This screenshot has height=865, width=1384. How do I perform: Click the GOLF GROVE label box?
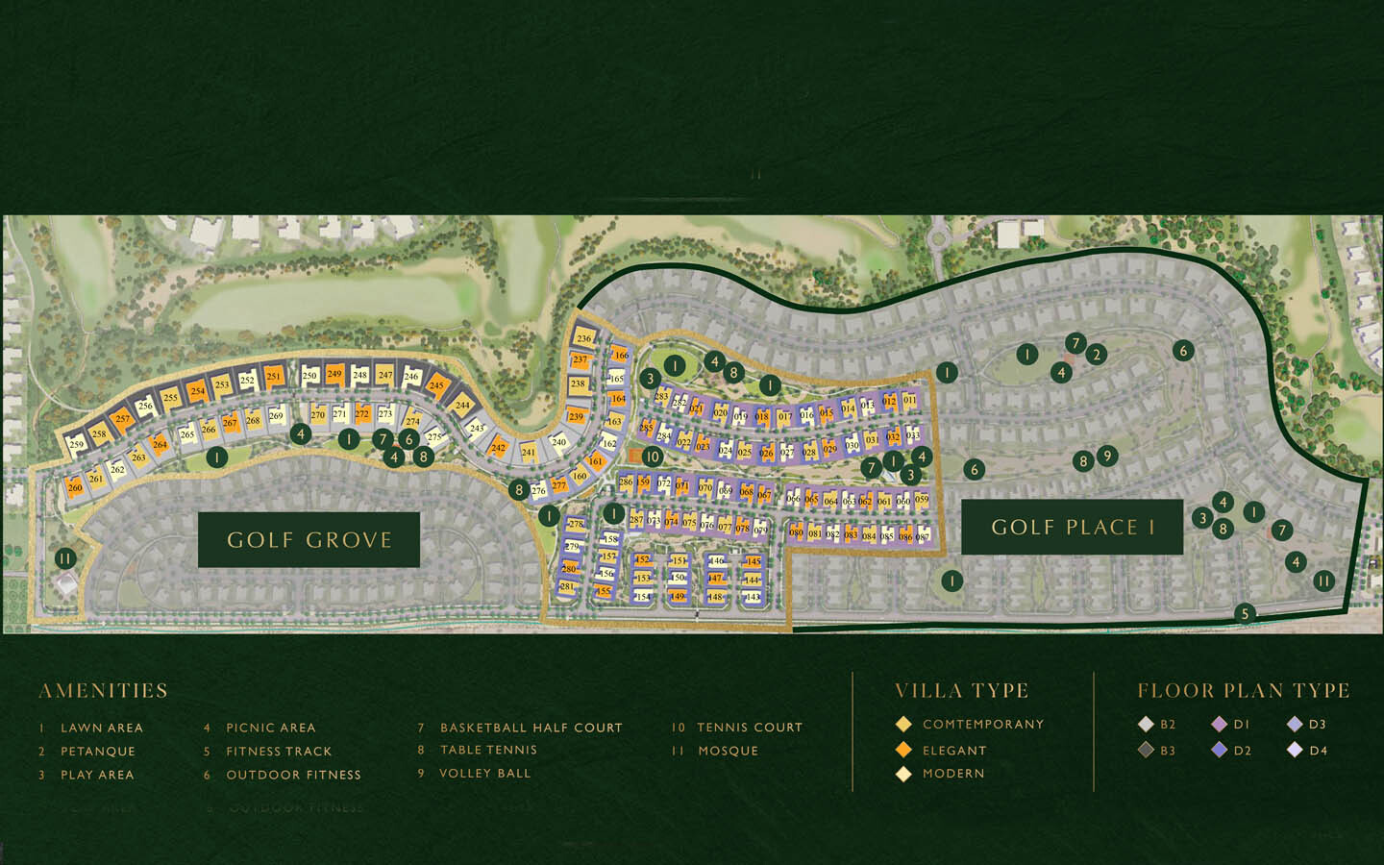[309, 539]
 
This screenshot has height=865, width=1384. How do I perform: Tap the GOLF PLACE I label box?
[1072, 527]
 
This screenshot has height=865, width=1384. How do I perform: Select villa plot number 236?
[583, 338]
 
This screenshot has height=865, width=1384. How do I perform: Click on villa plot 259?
[76, 444]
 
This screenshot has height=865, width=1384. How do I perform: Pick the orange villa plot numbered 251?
[274, 377]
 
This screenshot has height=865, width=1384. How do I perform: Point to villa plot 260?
[75, 487]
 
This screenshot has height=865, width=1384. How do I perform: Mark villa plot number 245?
[437, 385]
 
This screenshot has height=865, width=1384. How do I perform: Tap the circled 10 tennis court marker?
[653, 457]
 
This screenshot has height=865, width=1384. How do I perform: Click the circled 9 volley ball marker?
[1107, 455]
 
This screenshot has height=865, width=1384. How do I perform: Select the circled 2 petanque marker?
[1097, 355]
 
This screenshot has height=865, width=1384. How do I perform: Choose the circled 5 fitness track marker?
[1246, 613]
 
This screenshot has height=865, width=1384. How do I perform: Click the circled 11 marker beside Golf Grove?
[64, 557]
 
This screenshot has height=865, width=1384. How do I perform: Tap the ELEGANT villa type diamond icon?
[903, 750]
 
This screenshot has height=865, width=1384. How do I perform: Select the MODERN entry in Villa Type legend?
[952, 773]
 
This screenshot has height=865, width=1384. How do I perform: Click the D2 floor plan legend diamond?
[1220, 750]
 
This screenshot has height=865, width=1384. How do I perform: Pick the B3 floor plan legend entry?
[1157, 750]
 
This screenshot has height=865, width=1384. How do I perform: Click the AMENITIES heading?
[103, 691]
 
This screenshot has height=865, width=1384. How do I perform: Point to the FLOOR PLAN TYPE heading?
[1244, 691]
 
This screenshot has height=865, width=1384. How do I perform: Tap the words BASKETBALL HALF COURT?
[531, 728]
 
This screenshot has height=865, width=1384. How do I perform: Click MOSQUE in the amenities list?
[728, 751]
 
